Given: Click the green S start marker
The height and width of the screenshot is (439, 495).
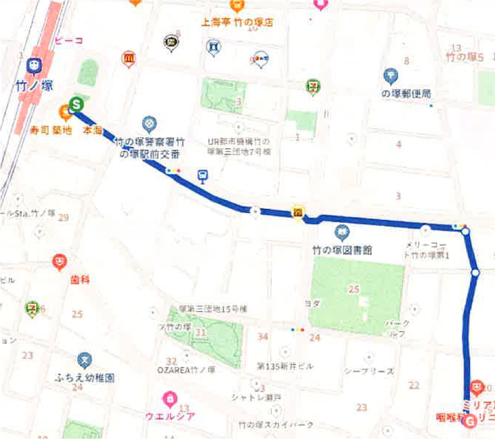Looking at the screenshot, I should coord(76,103).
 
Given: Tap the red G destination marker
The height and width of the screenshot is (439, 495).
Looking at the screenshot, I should coord(470,422).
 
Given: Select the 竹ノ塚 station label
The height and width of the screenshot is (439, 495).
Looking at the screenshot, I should coord(37,87).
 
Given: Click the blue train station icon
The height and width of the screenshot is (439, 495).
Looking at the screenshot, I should coord(34,67).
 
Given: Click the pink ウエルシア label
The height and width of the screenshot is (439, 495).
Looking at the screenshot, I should coord(170,415).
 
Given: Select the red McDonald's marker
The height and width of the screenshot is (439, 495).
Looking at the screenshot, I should coord(128,57).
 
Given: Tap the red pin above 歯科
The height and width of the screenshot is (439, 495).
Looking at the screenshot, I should coord(59,261).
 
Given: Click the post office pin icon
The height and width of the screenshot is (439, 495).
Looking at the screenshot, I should coord(391,75).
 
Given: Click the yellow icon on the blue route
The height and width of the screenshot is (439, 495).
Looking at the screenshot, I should coord(298,213).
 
